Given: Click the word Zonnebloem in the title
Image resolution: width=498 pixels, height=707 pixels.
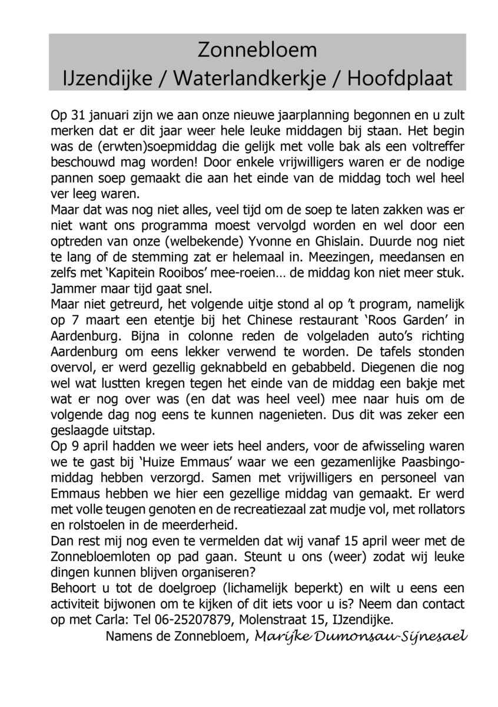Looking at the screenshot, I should (x=257, y=51).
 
